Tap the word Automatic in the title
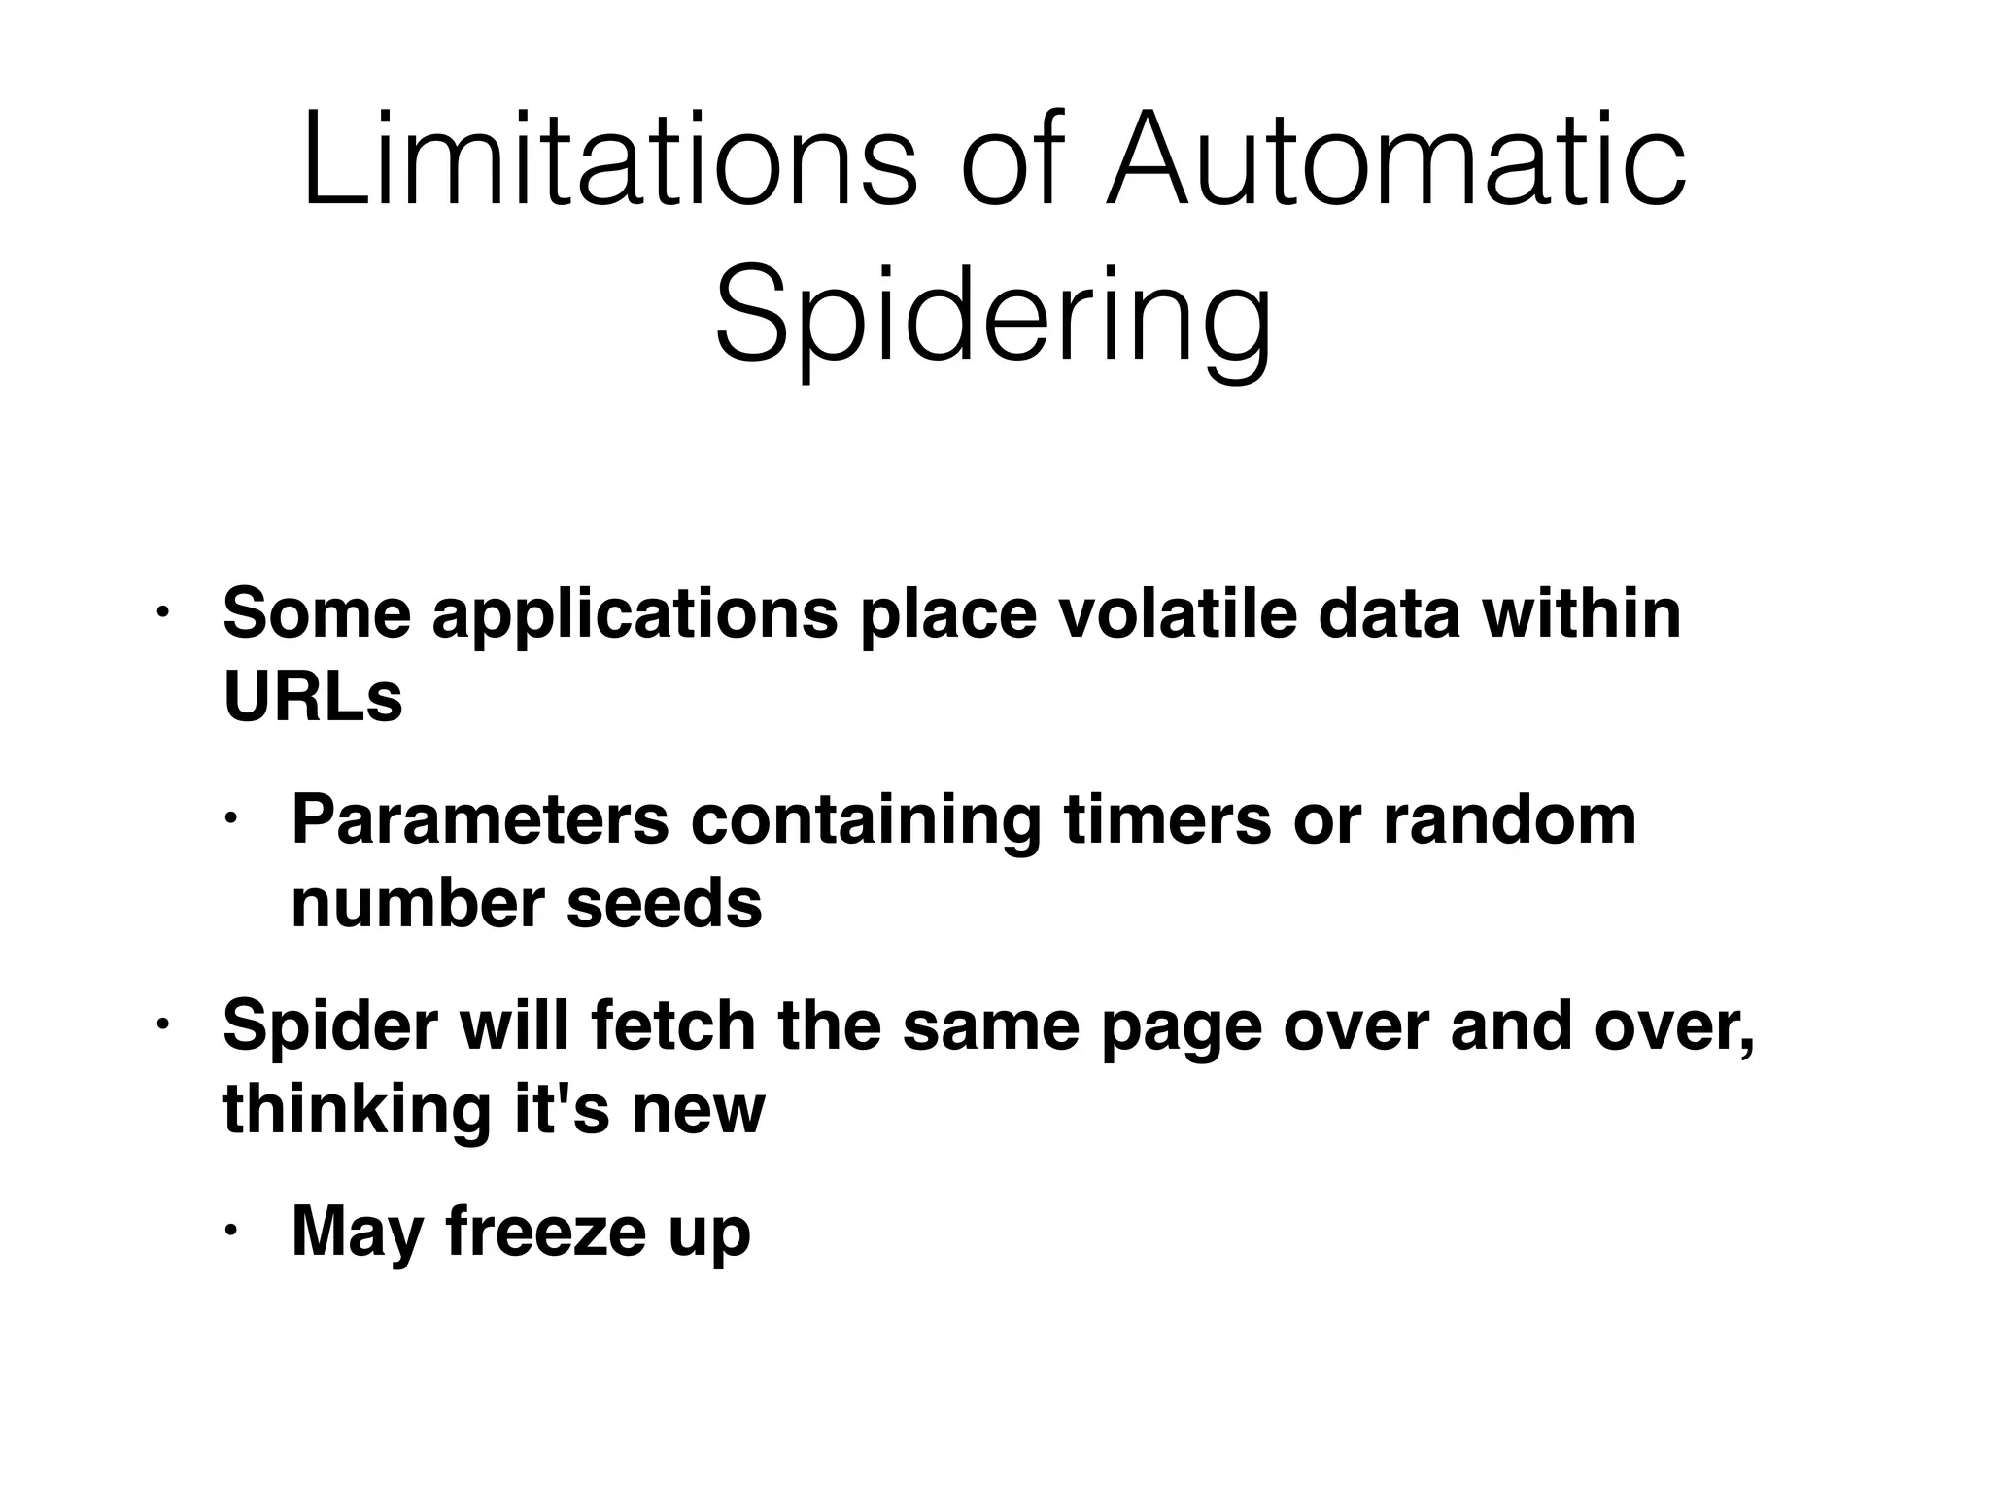1395,161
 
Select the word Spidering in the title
993,317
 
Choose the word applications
635,615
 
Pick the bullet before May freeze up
230,1232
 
